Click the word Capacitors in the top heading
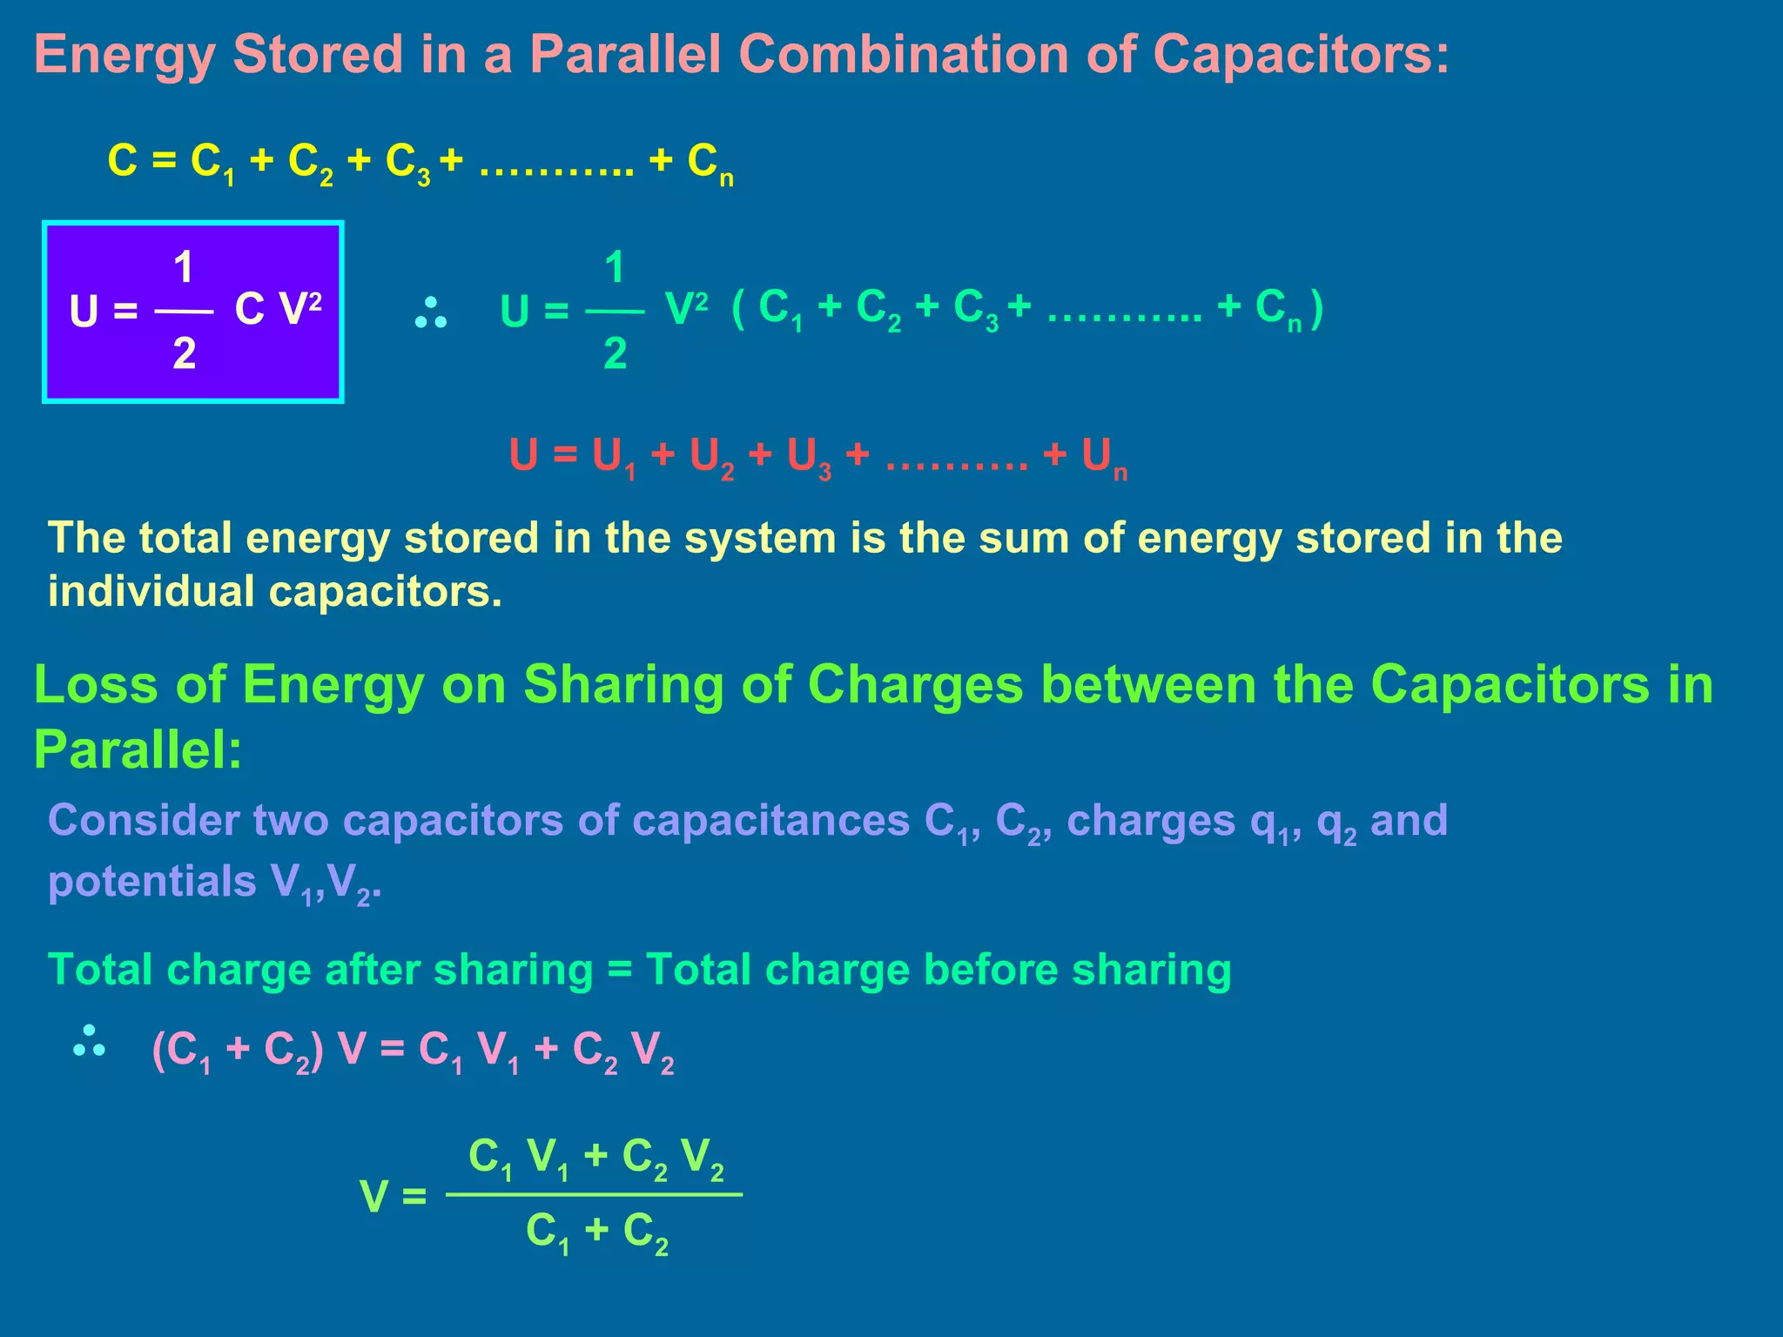click(x=1301, y=55)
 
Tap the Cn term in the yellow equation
click(x=710, y=163)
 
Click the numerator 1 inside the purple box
click(x=184, y=267)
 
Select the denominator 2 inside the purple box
click(x=184, y=353)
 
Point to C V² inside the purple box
click(x=278, y=308)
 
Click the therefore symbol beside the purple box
click(x=431, y=313)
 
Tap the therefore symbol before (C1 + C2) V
click(x=90, y=1042)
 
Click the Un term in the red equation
click(x=1104, y=458)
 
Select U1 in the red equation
click(x=614, y=458)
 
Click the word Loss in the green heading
click(x=95, y=684)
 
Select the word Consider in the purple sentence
click(x=143, y=821)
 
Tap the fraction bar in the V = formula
click(x=594, y=1194)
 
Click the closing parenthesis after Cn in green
click(x=1316, y=308)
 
